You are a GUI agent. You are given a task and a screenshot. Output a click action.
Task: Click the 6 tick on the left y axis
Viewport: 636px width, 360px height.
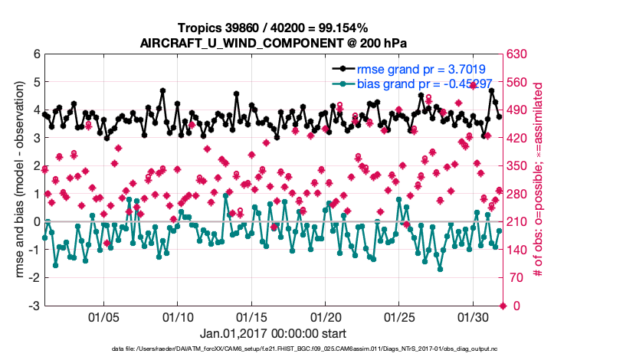(x=35, y=54)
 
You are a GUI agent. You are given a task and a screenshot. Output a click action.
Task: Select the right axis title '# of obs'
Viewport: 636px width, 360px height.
(x=539, y=180)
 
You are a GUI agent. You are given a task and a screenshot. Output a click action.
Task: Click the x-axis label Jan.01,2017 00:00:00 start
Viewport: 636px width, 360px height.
(x=273, y=334)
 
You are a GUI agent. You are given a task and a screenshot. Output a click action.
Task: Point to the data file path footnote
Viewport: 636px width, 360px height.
(x=274, y=349)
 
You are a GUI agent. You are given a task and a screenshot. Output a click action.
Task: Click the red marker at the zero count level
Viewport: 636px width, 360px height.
(x=503, y=306)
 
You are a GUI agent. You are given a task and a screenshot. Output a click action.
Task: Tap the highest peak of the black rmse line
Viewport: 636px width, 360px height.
(x=163, y=90)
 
